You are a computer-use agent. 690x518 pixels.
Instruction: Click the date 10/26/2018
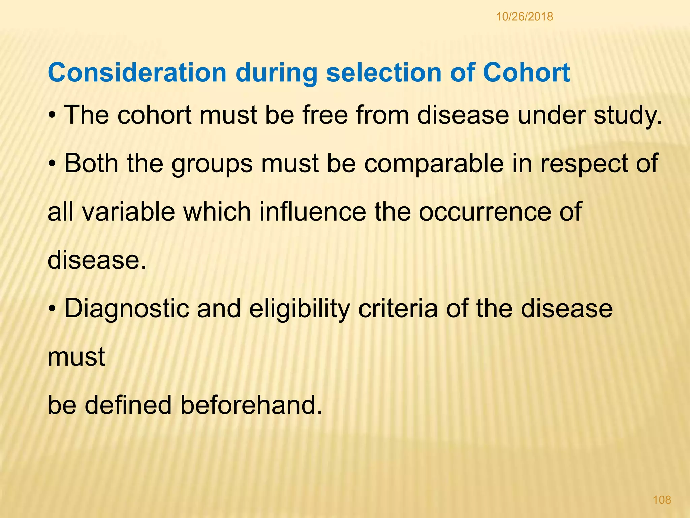point(524,17)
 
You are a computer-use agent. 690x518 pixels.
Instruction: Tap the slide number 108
point(662,500)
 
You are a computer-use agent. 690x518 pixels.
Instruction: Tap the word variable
point(128,212)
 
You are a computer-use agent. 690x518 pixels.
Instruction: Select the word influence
point(312,212)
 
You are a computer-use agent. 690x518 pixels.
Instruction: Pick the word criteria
point(398,309)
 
